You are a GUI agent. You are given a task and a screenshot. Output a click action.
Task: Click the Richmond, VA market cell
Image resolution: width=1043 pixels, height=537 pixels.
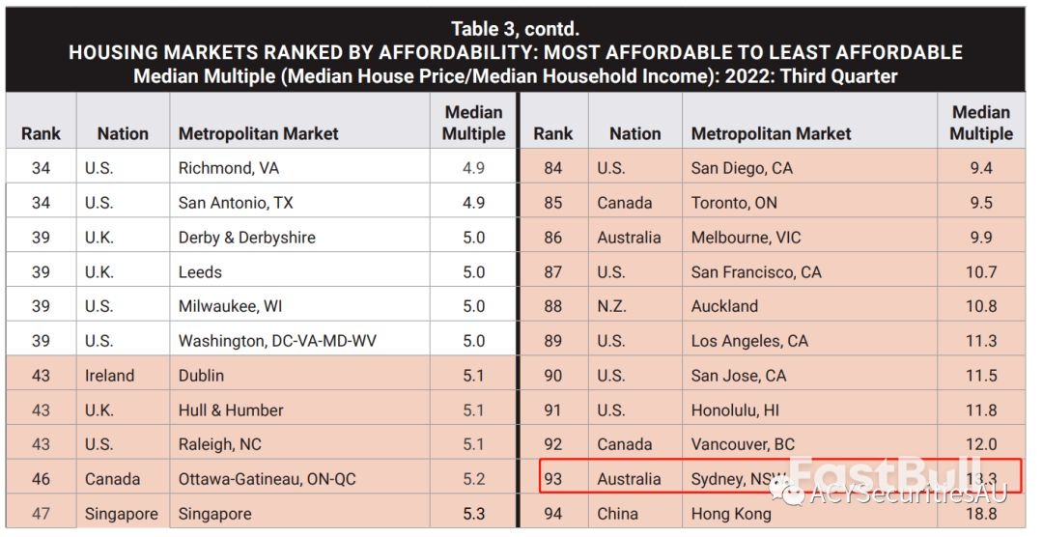click(x=229, y=168)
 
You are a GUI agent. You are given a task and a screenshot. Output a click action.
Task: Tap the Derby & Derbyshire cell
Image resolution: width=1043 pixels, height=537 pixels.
click(x=247, y=238)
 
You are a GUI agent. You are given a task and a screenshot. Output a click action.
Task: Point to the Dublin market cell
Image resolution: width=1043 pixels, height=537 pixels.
click(x=201, y=376)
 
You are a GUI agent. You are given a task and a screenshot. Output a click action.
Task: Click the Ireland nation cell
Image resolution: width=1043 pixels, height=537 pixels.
click(x=110, y=376)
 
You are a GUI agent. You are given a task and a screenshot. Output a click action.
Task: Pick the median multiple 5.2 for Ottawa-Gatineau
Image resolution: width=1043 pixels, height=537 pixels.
click(x=473, y=479)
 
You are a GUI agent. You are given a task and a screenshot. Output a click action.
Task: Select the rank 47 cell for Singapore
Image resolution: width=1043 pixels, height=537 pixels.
click(x=41, y=514)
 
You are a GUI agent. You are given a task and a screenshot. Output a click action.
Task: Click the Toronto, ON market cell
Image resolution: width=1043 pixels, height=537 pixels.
click(x=734, y=203)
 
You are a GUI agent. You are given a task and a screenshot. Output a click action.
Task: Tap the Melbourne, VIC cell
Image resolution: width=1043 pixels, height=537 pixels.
click(x=746, y=238)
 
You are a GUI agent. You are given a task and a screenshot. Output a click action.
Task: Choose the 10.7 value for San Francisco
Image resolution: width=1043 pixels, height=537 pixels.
click(x=981, y=272)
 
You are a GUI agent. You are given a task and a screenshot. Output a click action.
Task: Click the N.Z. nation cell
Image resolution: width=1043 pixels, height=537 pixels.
click(x=611, y=306)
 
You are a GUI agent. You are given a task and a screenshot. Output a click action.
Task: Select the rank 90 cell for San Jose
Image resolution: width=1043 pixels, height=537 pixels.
click(x=552, y=376)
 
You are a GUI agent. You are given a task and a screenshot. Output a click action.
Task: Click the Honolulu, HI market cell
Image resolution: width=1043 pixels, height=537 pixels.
click(x=735, y=410)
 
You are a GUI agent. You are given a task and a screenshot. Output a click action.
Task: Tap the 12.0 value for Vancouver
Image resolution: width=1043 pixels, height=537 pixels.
click(x=981, y=444)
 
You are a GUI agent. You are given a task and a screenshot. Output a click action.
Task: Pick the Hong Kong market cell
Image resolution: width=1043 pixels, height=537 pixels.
click(x=731, y=514)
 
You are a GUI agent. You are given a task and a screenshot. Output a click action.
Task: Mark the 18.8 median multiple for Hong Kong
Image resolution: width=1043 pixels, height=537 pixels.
click(x=981, y=514)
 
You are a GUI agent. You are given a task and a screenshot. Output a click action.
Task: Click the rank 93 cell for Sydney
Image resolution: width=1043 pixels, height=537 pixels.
click(x=552, y=479)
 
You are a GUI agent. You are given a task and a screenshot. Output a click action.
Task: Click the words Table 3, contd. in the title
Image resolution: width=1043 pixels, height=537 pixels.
click(x=516, y=29)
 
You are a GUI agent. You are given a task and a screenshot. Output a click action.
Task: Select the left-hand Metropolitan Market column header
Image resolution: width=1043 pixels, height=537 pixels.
click(x=259, y=134)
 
